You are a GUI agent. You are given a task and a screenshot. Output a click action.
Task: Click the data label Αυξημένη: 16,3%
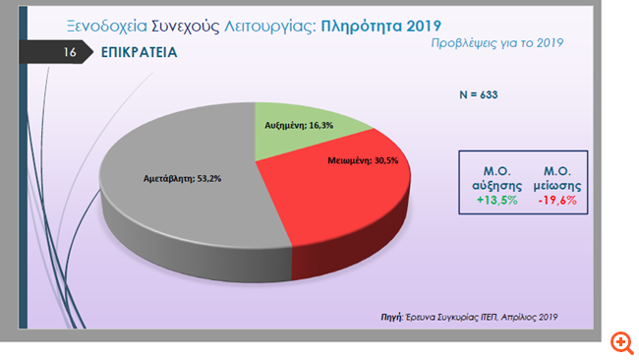click(x=302, y=127)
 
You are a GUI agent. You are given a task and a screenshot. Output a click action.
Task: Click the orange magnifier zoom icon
click(x=621, y=342)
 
